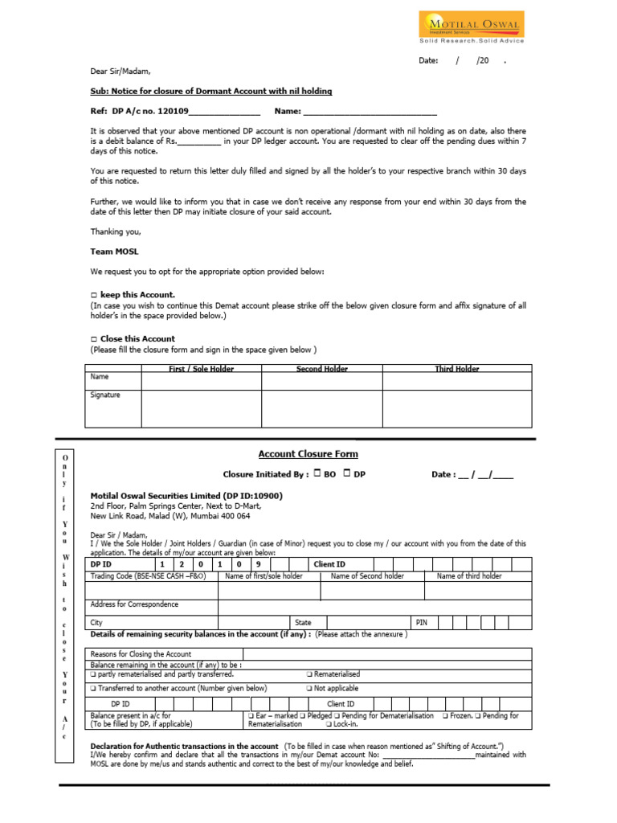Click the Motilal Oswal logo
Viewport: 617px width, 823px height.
click(x=471, y=27)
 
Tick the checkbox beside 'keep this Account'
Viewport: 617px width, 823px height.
click(x=93, y=295)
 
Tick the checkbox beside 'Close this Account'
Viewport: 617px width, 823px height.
click(x=93, y=339)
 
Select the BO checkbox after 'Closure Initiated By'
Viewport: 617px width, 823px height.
click(x=317, y=473)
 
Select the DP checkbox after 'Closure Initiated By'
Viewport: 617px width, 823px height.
click(x=347, y=473)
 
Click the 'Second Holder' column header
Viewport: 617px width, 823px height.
click(x=321, y=369)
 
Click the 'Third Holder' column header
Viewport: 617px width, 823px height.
click(x=456, y=369)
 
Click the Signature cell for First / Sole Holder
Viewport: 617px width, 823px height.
click(x=201, y=408)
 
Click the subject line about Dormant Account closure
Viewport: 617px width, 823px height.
click(x=210, y=92)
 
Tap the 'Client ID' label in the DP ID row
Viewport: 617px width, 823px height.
click(x=329, y=565)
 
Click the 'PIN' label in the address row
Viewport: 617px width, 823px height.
click(x=421, y=623)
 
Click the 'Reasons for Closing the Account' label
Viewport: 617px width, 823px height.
click(x=141, y=654)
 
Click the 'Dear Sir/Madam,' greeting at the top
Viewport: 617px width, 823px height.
click(x=121, y=71)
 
